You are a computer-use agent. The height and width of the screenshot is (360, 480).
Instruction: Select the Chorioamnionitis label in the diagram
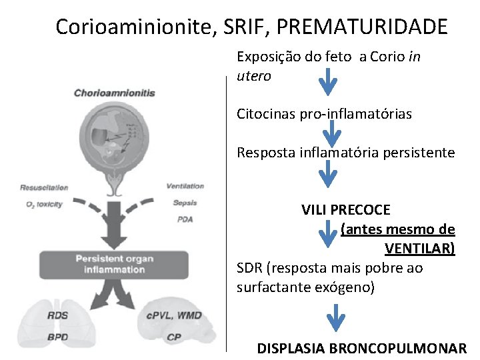click(114, 93)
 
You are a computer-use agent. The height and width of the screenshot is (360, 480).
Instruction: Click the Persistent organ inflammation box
click(114, 264)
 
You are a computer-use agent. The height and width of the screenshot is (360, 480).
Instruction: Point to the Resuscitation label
click(44, 187)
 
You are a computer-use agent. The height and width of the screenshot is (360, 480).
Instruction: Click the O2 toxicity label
click(44, 204)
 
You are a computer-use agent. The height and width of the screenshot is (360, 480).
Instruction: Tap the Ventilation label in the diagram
click(185, 186)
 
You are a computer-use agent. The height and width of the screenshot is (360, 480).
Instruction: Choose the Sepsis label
click(185, 203)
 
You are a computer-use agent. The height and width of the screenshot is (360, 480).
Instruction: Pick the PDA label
click(185, 219)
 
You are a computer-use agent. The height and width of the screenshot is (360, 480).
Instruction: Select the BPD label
click(57, 337)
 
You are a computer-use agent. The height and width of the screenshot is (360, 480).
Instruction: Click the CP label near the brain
click(174, 337)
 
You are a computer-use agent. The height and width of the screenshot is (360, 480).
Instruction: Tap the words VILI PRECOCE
click(345, 210)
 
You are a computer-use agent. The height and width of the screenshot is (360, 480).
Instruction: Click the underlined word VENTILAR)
click(420, 249)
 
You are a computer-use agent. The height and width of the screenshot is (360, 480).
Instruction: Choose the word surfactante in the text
click(273, 287)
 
